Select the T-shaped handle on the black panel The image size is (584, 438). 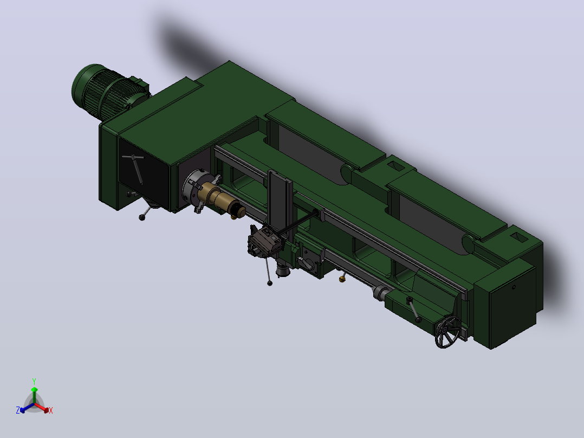pos(135,166)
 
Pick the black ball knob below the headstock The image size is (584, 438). pos(142,218)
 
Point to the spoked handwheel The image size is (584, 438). pos(447,332)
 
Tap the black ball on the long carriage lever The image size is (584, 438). pos(270,284)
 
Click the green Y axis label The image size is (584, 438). pos(34,381)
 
